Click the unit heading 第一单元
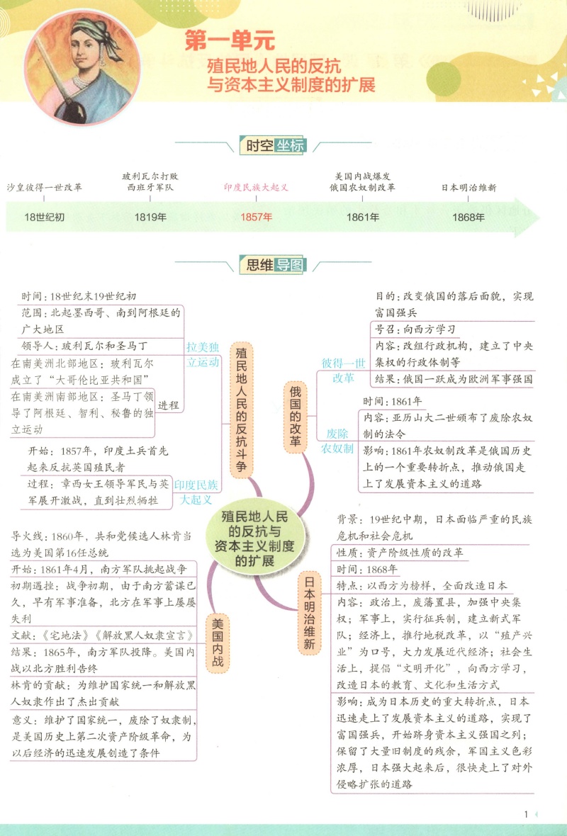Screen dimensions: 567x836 [x=230, y=40]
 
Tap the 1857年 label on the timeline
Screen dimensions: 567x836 [x=256, y=217]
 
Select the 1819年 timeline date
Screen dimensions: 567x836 [x=150, y=217]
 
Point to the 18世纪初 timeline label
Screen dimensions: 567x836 [x=44, y=217]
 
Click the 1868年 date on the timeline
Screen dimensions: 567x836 [x=468, y=217]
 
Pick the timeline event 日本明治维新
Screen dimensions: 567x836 [x=468, y=188]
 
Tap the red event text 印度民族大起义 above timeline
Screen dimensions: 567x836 [x=256, y=188]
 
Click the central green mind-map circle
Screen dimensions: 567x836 [x=255, y=538]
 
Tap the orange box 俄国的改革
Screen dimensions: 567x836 [x=296, y=417]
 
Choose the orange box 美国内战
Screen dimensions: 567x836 [x=218, y=643]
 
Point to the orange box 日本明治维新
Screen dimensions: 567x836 [x=310, y=612]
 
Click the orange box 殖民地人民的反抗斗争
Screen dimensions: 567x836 [x=242, y=409]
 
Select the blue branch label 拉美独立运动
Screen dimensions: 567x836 [x=203, y=354]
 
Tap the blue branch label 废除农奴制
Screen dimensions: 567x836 [x=337, y=441]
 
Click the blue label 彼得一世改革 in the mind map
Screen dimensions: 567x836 [x=344, y=371]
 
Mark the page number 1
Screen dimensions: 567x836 [x=526, y=814]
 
